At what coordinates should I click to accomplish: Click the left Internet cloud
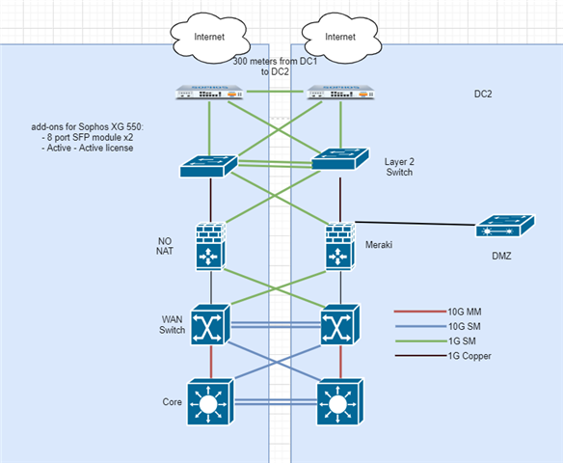point(210,38)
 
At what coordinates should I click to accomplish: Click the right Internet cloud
point(341,38)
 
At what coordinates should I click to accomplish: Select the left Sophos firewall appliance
point(209,93)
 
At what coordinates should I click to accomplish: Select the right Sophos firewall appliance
point(340,93)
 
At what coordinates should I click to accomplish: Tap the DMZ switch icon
point(505,226)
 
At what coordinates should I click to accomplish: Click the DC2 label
point(483,95)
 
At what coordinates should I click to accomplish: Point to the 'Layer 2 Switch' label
point(399,167)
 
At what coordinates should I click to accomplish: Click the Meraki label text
point(379,245)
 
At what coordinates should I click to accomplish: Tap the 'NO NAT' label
point(165,246)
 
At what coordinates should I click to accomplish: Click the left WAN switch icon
point(210,325)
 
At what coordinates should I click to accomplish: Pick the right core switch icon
point(340,401)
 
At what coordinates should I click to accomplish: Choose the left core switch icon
point(210,401)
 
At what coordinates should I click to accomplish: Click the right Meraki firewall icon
point(340,247)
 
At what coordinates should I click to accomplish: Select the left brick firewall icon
point(211,247)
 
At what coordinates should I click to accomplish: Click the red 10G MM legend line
point(421,312)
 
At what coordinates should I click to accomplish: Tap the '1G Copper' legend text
point(469,356)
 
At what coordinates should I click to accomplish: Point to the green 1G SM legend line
point(421,340)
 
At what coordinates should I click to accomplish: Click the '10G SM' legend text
point(465,326)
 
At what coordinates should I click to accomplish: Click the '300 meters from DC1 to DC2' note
point(275,67)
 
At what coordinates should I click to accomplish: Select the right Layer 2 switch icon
point(340,159)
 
